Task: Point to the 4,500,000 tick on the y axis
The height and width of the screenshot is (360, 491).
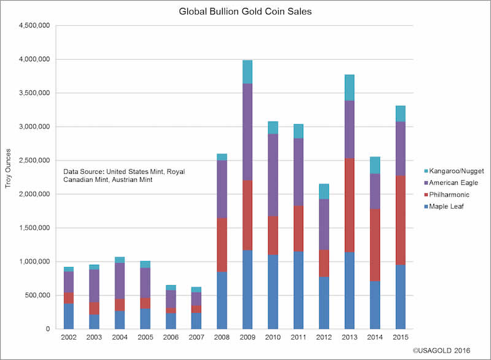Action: (x=36, y=26)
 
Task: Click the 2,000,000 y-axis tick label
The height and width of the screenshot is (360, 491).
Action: (x=36, y=194)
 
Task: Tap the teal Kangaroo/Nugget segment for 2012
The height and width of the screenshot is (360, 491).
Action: (x=323, y=191)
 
